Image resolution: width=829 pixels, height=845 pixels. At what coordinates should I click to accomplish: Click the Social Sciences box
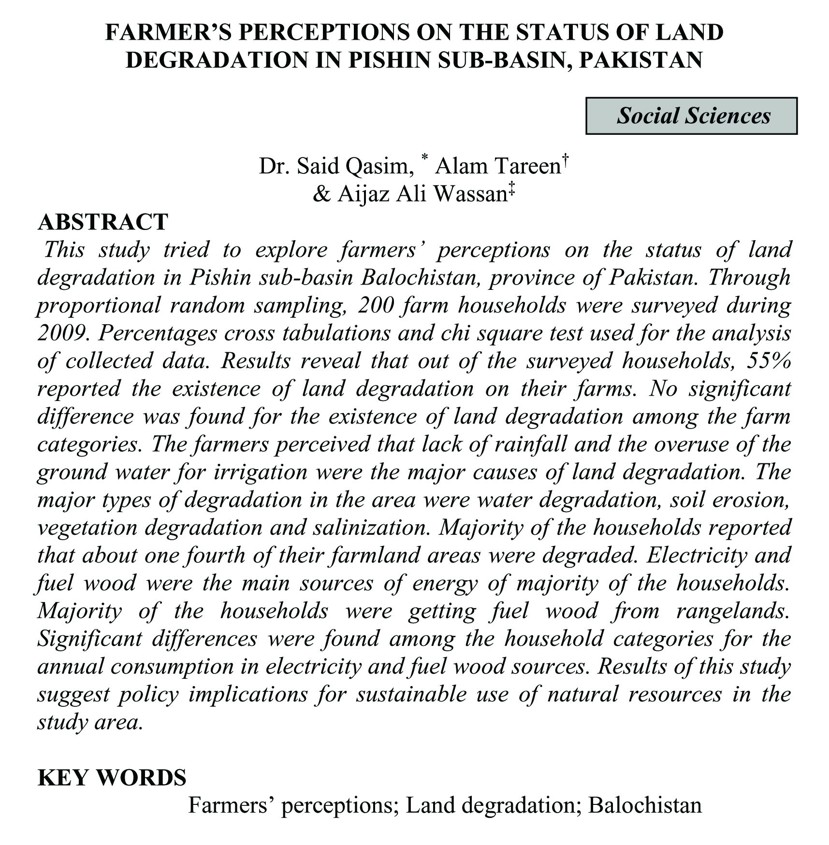click(x=691, y=116)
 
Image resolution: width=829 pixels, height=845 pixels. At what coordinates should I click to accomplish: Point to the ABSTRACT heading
click(x=103, y=222)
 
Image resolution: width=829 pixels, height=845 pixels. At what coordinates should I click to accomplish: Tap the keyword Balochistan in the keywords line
click(x=644, y=805)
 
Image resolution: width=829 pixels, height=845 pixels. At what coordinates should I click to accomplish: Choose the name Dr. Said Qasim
click(x=334, y=166)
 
